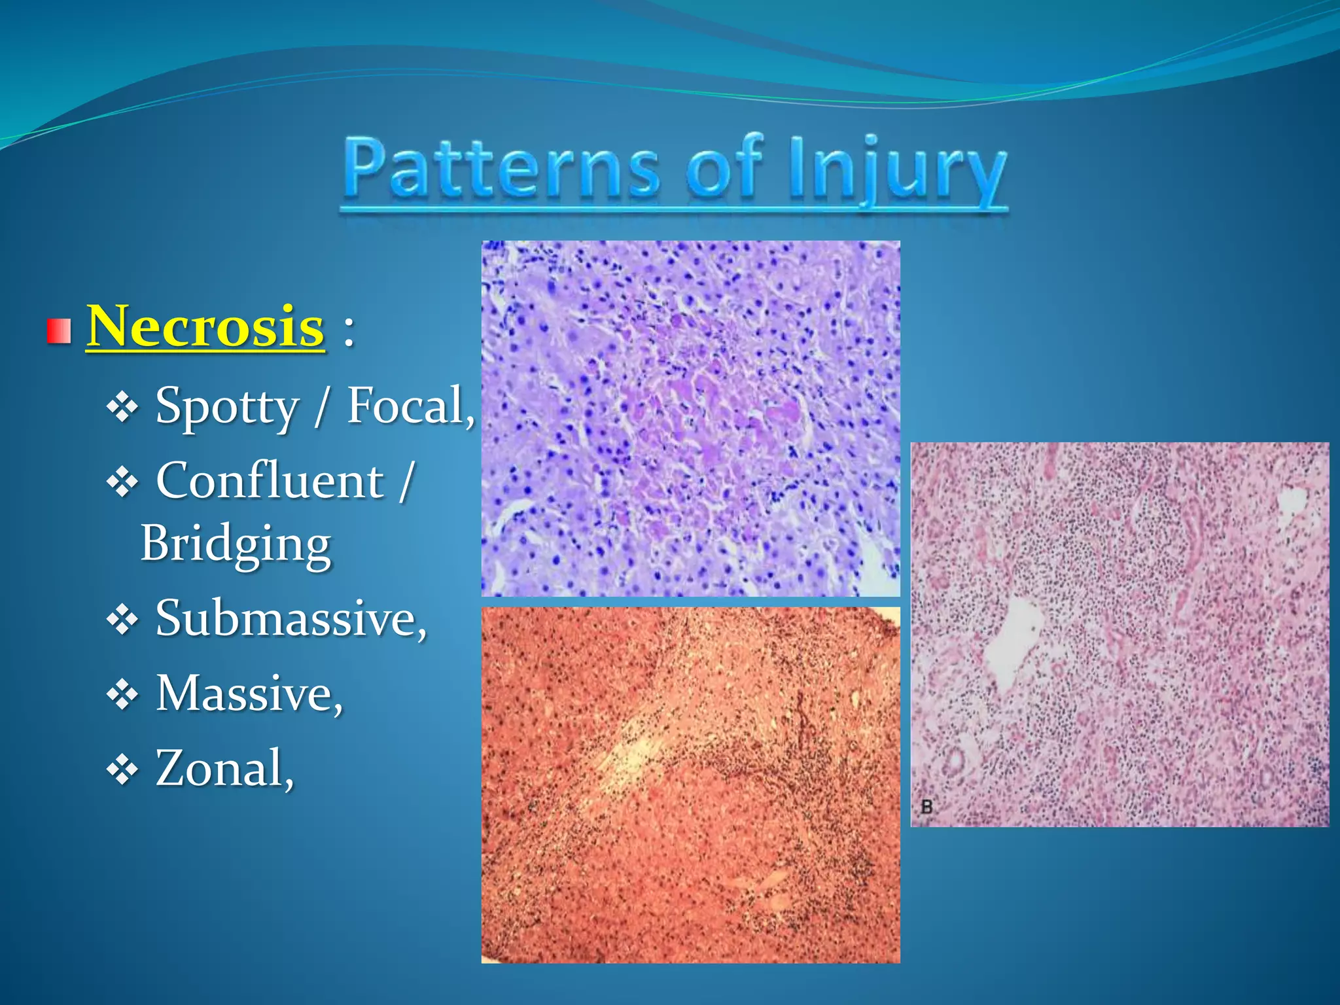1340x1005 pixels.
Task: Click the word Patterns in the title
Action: [501, 169]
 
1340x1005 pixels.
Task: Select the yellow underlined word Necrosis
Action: [205, 326]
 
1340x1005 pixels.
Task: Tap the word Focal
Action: [407, 406]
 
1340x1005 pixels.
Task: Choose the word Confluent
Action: [270, 481]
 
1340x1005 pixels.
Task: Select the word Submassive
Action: [289, 618]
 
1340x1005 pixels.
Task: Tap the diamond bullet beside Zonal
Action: [122, 770]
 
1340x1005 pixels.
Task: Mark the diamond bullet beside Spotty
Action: [122, 408]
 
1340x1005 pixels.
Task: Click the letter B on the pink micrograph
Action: [926, 806]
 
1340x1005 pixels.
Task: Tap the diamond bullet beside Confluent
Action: [122, 484]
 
